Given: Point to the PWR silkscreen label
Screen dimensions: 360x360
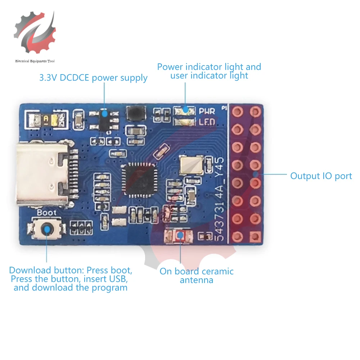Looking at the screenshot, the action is click(207, 112).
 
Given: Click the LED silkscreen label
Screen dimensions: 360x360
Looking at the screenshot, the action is click(207, 122).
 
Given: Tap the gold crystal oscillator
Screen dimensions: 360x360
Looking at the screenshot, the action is click(189, 165).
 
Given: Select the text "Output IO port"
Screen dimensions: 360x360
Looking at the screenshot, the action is click(321, 176).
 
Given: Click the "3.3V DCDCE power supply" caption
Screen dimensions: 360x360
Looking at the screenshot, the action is click(93, 78).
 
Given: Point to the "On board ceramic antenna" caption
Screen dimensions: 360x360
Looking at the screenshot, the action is click(197, 275).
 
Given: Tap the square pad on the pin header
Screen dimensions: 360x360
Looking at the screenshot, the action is click(255, 237).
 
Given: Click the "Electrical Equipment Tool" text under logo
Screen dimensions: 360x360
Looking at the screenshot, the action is click(35, 61).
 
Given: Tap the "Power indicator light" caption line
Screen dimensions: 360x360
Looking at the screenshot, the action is click(209, 67).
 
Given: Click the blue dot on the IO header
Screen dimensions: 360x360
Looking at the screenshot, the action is click(255, 175).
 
